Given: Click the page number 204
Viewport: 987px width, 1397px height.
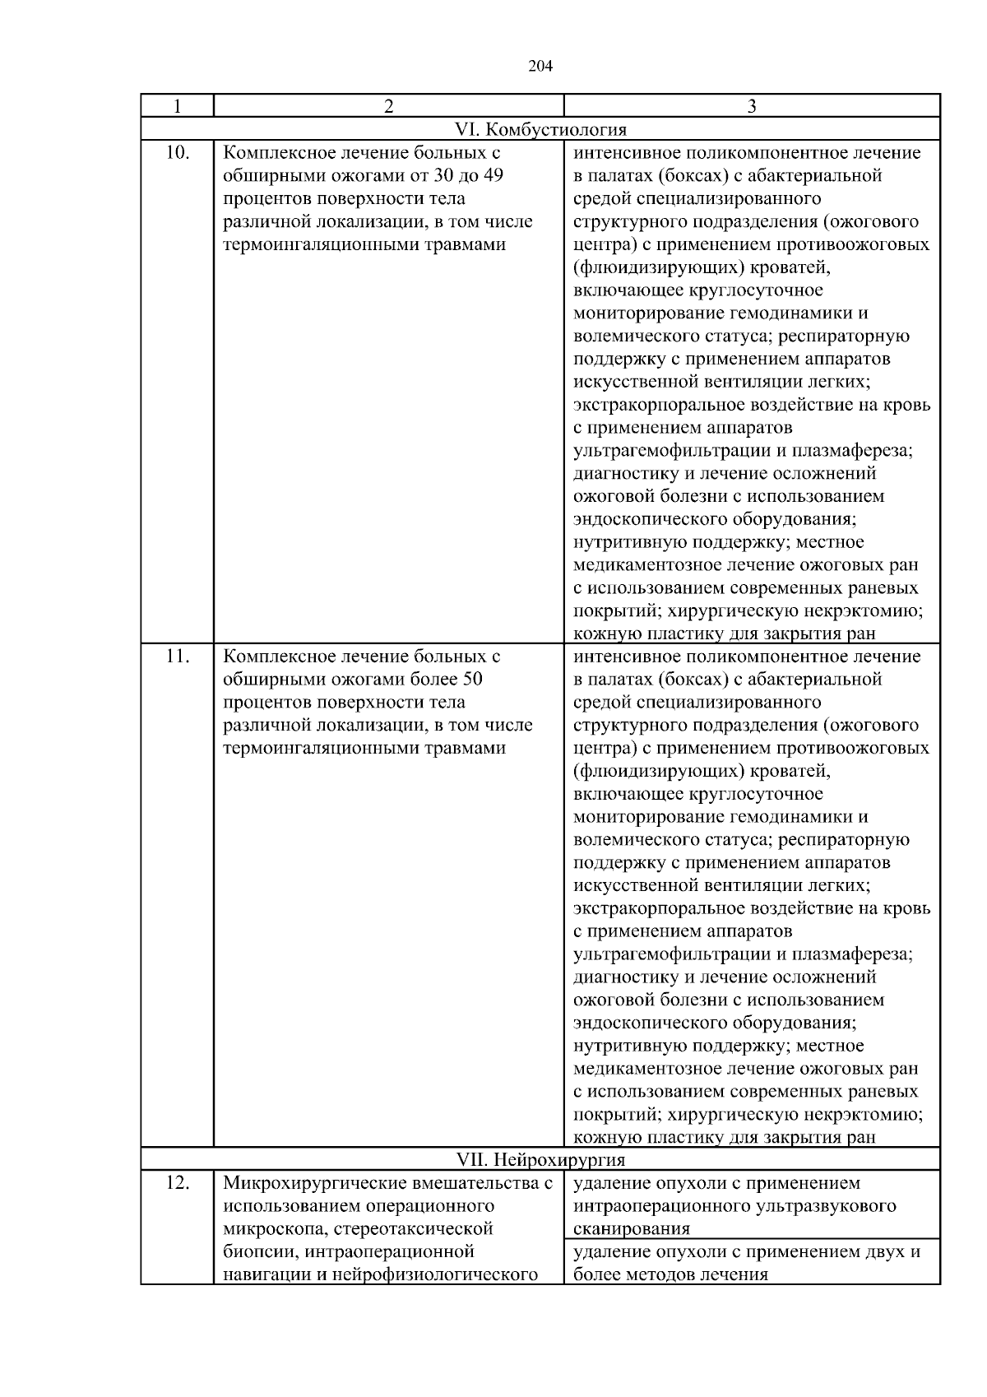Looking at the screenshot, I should (540, 67).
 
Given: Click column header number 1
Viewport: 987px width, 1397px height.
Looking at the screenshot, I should (177, 106).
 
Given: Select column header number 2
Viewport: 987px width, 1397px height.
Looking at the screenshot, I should (388, 106).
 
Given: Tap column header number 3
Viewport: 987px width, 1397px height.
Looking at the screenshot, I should (752, 106).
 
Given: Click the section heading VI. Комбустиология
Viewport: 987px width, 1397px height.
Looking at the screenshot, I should (540, 129).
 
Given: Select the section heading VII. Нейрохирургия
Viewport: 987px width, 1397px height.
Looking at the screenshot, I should (540, 1160).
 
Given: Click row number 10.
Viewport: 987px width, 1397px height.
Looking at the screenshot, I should (178, 153).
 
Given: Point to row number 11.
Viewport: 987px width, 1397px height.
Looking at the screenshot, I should (178, 657).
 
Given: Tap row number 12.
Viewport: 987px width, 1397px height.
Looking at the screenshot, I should (178, 1183).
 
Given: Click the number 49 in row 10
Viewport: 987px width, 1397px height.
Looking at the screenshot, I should (491, 176).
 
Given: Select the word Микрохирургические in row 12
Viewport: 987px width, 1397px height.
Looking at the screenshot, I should (305, 1183).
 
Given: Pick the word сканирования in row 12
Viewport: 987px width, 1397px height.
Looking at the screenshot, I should (632, 1229).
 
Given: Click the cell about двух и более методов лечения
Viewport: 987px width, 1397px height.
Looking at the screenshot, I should (746, 1263).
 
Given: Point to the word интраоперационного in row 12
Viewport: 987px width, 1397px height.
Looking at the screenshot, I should (660, 1206).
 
